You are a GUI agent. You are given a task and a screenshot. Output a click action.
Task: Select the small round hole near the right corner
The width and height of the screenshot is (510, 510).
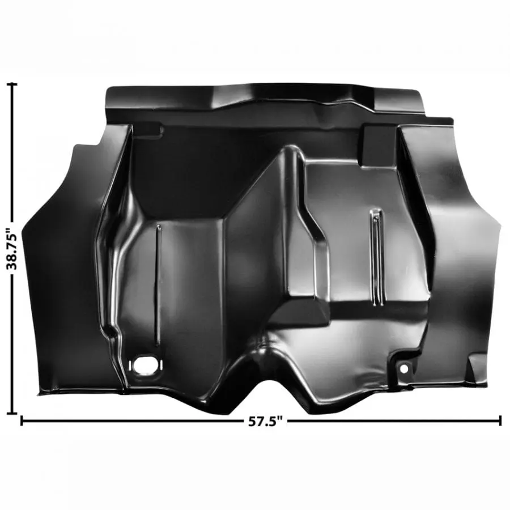403,369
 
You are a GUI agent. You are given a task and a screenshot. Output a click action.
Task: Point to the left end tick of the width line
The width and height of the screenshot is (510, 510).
22,420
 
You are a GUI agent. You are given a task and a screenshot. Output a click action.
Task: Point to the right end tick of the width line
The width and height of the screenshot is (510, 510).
500,420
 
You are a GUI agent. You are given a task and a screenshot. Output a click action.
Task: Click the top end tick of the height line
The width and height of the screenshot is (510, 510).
12,84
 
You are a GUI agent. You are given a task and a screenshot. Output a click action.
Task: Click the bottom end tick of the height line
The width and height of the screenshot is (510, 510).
12,414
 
